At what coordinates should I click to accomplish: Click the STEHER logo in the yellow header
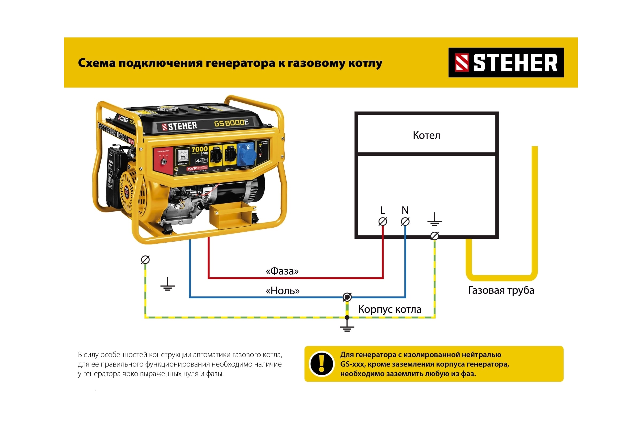pos(506,63)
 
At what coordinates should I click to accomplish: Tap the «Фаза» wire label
pos(282,271)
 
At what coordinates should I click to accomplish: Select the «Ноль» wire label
pos(282,291)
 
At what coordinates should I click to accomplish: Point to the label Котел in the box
pos(426,135)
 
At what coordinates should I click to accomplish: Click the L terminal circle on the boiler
pos(383,221)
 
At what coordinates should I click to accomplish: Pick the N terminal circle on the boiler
pos(405,221)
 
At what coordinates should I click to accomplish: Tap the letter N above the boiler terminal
pos(405,210)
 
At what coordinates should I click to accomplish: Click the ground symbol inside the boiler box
pos(434,220)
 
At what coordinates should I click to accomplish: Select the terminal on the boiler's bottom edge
pos(434,236)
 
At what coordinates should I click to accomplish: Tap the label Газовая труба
pos(501,290)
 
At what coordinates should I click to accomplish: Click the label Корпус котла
pos(389,309)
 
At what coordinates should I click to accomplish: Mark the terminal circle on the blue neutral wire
pos(347,297)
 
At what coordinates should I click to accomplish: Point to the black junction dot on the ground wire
pos(347,318)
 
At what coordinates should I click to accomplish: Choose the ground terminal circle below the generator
pos(145,259)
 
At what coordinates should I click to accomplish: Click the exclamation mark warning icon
pos(322,364)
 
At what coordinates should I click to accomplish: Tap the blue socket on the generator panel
pos(246,154)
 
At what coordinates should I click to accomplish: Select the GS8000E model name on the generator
pos(231,123)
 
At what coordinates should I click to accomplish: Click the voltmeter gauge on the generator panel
pos(182,156)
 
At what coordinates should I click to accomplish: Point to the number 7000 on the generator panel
pos(200,149)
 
